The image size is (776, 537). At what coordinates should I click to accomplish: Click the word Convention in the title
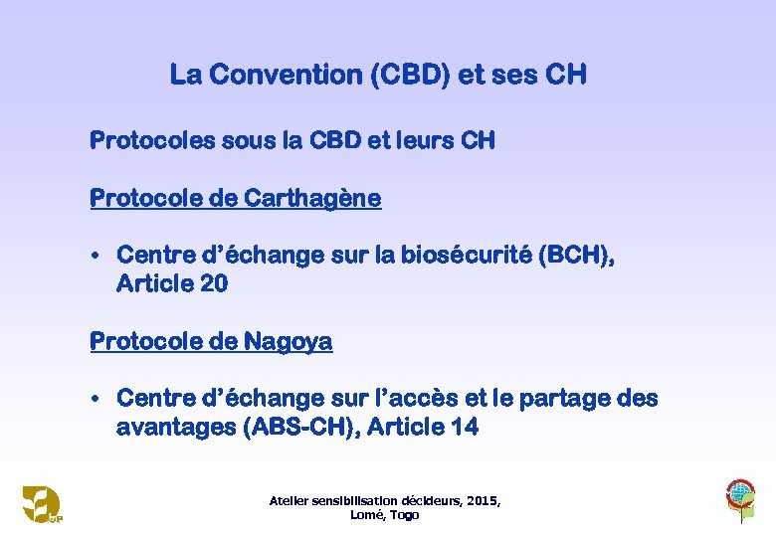(281, 75)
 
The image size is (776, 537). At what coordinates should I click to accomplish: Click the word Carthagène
(317, 199)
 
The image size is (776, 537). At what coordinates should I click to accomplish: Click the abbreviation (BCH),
(576, 257)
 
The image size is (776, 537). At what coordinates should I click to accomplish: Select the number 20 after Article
(214, 284)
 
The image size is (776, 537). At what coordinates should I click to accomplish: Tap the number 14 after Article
(465, 428)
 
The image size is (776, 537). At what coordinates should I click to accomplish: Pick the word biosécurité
(465, 257)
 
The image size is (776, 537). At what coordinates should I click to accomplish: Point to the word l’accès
(403, 399)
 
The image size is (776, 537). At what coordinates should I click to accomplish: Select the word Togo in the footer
(404, 515)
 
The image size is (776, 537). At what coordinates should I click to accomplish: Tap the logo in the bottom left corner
(42, 503)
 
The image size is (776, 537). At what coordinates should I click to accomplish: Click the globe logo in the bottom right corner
(740, 495)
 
